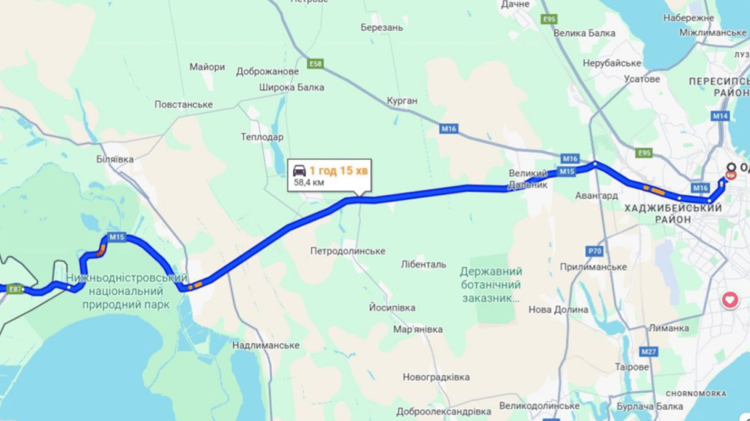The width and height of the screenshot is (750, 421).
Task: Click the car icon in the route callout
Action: (x=299, y=171)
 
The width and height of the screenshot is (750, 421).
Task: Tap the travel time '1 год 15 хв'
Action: (x=339, y=171)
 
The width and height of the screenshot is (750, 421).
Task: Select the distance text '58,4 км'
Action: (x=309, y=183)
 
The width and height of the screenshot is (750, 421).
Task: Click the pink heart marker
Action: (x=730, y=300)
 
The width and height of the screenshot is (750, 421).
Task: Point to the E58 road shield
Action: (x=315, y=64)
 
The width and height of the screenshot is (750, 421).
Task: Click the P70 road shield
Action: (x=595, y=251)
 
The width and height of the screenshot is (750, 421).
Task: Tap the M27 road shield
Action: (x=649, y=351)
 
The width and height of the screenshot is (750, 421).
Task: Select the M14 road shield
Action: (x=720, y=116)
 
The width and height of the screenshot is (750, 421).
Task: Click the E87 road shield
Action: (x=15, y=289)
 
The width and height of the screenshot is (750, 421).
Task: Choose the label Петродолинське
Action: (x=348, y=251)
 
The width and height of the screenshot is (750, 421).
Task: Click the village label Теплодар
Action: (x=262, y=137)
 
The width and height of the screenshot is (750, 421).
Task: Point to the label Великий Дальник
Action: (x=528, y=179)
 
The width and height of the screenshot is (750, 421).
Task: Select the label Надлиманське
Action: (x=266, y=345)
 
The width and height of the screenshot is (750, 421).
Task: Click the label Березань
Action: (x=382, y=27)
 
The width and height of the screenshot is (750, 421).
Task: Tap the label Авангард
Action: (x=596, y=196)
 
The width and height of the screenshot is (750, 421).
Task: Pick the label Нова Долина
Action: (x=558, y=310)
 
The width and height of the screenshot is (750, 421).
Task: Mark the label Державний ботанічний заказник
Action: (x=491, y=285)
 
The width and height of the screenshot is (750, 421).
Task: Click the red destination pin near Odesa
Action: (x=731, y=175)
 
